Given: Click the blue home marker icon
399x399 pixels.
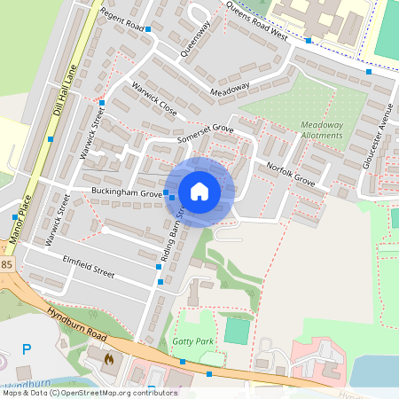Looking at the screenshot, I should point(199,192).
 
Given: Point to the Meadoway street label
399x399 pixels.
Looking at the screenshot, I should point(230,90).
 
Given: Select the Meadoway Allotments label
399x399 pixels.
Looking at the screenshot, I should point(322,131).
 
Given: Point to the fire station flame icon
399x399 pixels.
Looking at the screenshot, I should point(109,360).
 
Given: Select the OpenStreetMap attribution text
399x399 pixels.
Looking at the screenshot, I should point(90,392).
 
